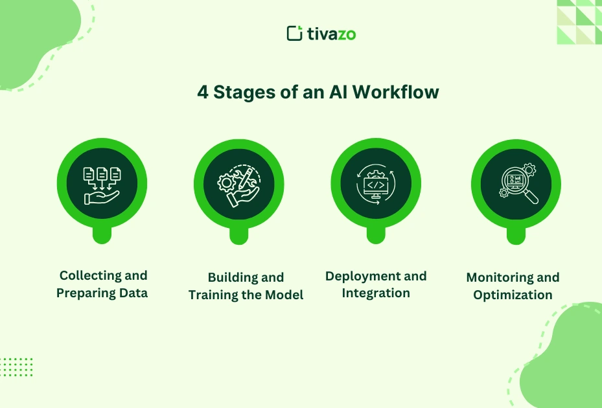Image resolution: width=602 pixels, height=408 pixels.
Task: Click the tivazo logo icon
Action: pos(295,33)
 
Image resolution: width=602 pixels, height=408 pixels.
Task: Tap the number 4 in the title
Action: pos(203,93)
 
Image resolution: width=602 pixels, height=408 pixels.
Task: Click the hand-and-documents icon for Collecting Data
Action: pos(102,183)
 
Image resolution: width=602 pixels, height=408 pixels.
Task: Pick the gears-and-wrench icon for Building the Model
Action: pos(239,183)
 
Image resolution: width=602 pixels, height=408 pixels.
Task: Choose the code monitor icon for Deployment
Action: pos(376,183)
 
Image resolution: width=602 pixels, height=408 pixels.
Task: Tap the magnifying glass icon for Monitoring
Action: pos(516,183)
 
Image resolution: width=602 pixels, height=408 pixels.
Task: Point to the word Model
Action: pos(285,295)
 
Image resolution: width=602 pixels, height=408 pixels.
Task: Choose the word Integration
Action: pos(376,293)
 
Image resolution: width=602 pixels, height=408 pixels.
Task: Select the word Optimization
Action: pos(513,295)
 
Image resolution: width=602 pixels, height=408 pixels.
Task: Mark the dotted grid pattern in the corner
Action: pos(16,367)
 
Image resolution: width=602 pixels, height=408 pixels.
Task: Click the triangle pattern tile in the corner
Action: pos(579,21)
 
